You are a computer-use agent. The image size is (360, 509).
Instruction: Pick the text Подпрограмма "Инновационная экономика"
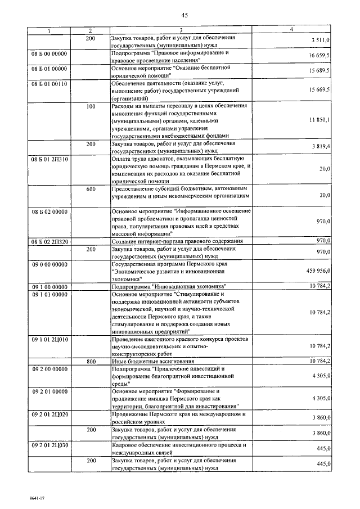click(168, 286)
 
